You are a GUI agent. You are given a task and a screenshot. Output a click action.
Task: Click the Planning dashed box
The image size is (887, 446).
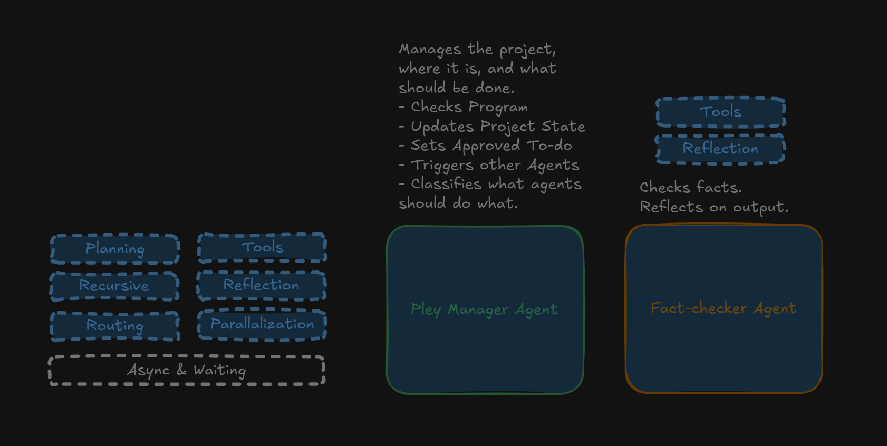(115, 249)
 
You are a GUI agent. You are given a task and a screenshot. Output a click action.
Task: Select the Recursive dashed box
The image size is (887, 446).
(114, 286)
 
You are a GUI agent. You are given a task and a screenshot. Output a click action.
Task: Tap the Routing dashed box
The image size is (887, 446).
(115, 326)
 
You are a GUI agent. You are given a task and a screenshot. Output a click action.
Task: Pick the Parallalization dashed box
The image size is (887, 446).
(262, 324)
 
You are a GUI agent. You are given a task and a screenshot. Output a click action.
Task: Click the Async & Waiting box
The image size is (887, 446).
(187, 370)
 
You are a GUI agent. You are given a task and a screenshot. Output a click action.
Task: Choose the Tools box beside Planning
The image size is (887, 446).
(262, 247)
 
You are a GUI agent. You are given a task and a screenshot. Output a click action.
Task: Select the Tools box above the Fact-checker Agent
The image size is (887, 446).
(721, 112)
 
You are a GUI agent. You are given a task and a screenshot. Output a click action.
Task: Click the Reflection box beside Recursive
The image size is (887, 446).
(261, 285)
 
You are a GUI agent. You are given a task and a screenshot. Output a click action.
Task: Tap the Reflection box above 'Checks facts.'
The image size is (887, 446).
(720, 149)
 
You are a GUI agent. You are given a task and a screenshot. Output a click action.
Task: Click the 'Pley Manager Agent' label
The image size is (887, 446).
(484, 309)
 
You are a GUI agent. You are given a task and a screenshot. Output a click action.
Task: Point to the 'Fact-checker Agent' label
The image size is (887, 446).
(724, 308)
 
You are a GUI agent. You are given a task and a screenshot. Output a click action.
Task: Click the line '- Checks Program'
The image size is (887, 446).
(464, 107)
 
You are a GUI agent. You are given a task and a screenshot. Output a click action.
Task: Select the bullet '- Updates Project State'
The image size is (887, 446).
(492, 127)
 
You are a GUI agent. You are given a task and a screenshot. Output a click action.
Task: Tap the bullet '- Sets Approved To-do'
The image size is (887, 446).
(486, 146)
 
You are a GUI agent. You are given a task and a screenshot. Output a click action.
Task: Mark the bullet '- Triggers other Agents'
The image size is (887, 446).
(489, 165)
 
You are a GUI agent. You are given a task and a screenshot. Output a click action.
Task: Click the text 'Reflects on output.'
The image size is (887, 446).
(714, 207)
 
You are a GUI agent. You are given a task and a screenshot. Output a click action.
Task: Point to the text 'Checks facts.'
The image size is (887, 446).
(691, 187)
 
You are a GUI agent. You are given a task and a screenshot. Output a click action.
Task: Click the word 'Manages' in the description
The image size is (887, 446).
(430, 49)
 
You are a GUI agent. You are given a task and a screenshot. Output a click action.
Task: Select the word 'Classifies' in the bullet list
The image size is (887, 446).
(446, 184)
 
